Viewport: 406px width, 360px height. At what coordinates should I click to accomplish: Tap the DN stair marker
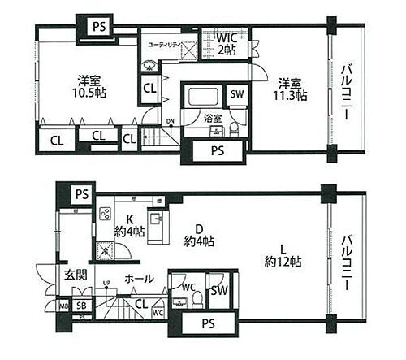pyautogui.click(x=170, y=122)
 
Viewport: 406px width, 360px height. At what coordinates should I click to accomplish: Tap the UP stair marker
pyautogui.click(x=106, y=284)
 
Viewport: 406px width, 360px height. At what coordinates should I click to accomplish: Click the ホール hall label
pyautogui.click(x=136, y=278)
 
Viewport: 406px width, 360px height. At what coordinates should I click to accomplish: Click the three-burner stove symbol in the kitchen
pyautogui.click(x=105, y=215)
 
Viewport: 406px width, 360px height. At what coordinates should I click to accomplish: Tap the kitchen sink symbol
pyautogui.click(x=153, y=220)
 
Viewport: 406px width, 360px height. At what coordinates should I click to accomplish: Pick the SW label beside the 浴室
pyautogui.click(x=236, y=94)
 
